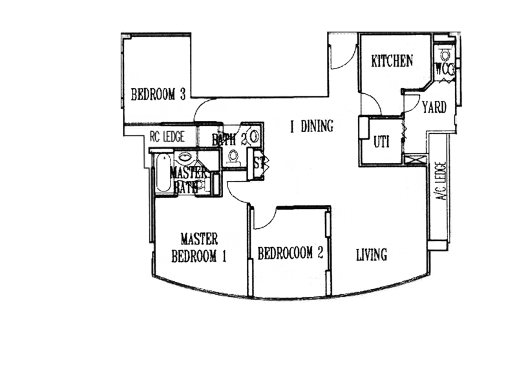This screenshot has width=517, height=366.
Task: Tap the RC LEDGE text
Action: click(167, 136)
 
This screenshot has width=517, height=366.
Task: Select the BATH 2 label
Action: click(227, 139)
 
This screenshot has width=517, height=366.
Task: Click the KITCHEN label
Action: click(392, 61)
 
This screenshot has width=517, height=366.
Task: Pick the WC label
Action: click(446, 69)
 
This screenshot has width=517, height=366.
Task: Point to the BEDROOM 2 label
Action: click(290, 254)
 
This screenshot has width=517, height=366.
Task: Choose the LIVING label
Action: click(372, 255)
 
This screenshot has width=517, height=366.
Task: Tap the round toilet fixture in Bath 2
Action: click(254, 136)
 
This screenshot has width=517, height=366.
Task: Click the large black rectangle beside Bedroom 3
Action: click(258, 65)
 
